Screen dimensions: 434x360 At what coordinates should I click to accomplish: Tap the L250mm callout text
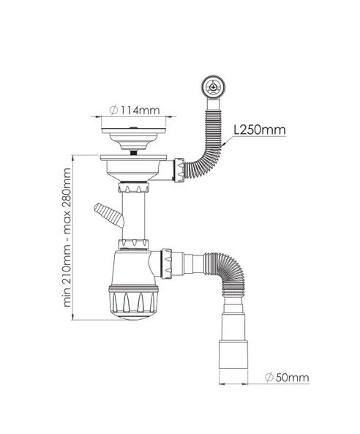[x=259, y=130]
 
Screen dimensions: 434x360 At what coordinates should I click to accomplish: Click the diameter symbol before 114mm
[x=115, y=111]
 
